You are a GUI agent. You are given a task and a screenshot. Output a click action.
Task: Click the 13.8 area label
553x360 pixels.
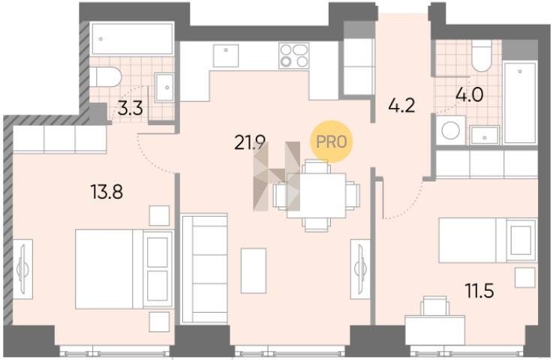pos(107,192)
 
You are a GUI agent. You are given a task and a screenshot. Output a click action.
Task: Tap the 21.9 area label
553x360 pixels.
pos(250,142)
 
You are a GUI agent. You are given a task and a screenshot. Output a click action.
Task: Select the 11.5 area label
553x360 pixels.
pos(479,291)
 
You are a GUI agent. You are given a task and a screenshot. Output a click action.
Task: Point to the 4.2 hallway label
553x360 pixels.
pos(401,105)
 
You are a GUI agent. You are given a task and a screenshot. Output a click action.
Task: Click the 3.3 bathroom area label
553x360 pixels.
pos(130,109)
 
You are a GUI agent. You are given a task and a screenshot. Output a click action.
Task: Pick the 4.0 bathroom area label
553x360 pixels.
pos(470,94)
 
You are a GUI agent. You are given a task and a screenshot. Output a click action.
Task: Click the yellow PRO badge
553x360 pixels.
pos(331,142)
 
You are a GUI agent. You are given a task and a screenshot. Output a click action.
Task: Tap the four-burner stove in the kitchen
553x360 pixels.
pos(294,55)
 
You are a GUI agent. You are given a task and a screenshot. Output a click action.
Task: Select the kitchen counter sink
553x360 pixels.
pos(226,55)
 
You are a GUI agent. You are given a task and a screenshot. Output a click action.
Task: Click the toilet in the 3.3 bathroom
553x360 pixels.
pos(105,76)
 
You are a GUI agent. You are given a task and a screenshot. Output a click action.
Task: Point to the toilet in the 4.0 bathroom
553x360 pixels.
pos(482,55)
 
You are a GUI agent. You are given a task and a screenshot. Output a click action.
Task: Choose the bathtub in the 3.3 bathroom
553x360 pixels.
pos(132,39)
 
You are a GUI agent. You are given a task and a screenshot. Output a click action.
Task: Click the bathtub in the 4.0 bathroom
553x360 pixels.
pos(520,103)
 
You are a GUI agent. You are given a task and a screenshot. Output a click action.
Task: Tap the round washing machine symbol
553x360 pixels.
pos(451,130)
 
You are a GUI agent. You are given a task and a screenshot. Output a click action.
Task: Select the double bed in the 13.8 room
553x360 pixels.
pos(125,269)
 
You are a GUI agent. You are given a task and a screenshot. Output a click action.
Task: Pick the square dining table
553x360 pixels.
pos(317,196)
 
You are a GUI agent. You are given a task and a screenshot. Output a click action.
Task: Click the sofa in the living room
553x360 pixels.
pos(204,268)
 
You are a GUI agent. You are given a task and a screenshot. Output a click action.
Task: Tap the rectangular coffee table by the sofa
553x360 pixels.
pos(254,271)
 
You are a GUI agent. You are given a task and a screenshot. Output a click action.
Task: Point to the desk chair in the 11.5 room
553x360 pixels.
pos(435,306)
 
